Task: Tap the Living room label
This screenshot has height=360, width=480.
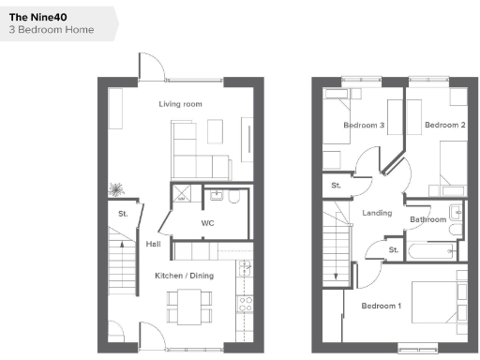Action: pyautogui.click(x=181, y=104)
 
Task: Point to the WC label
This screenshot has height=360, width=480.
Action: pyautogui.click(x=208, y=223)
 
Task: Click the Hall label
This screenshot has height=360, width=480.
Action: pyautogui.click(x=153, y=245)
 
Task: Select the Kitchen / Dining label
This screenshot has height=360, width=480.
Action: pyautogui.click(x=184, y=275)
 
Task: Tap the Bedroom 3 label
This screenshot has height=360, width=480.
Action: pyautogui.click(x=364, y=126)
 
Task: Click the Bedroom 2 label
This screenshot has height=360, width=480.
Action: pyautogui.click(x=444, y=126)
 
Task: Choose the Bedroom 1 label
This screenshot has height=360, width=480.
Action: pyautogui.click(x=382, y=306)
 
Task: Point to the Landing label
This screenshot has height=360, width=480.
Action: pyautogui.click(x=377, y=213)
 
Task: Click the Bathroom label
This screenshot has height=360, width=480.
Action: pyautogui.click(x=427, y=219)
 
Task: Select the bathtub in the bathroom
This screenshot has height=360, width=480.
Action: pyautogui.click(x=434, y=250)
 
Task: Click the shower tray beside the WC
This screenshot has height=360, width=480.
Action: pyautogui.click(x=178, y=196)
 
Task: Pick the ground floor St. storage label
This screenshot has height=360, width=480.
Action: pyautogui.click(x=123, y=215)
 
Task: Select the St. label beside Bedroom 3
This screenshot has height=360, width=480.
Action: pyautogui.click(x=336, y=186)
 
